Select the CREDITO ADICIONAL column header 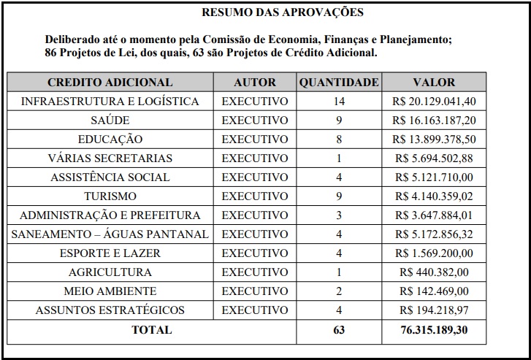(110, 83)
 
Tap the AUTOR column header (255, 83)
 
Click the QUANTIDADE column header (339, 83)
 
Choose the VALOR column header (434, 83)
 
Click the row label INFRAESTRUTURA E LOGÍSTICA (110, 102)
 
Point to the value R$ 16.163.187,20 (434, 120)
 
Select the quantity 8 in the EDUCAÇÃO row (338, 139)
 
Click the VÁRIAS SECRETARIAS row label (110, 158)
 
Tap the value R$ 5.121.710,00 (434, 177)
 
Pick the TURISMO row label (110, 196)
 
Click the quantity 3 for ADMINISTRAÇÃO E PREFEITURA (338, 215)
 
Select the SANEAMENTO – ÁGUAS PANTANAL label (110, 234)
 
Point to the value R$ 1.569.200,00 (434, 253)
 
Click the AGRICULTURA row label (110, 272)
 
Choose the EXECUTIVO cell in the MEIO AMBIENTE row (255, 291)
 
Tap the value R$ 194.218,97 (434, 310)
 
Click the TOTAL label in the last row (151, 330)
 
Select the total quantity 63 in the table (338, 330)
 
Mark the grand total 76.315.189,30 (434, 330)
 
